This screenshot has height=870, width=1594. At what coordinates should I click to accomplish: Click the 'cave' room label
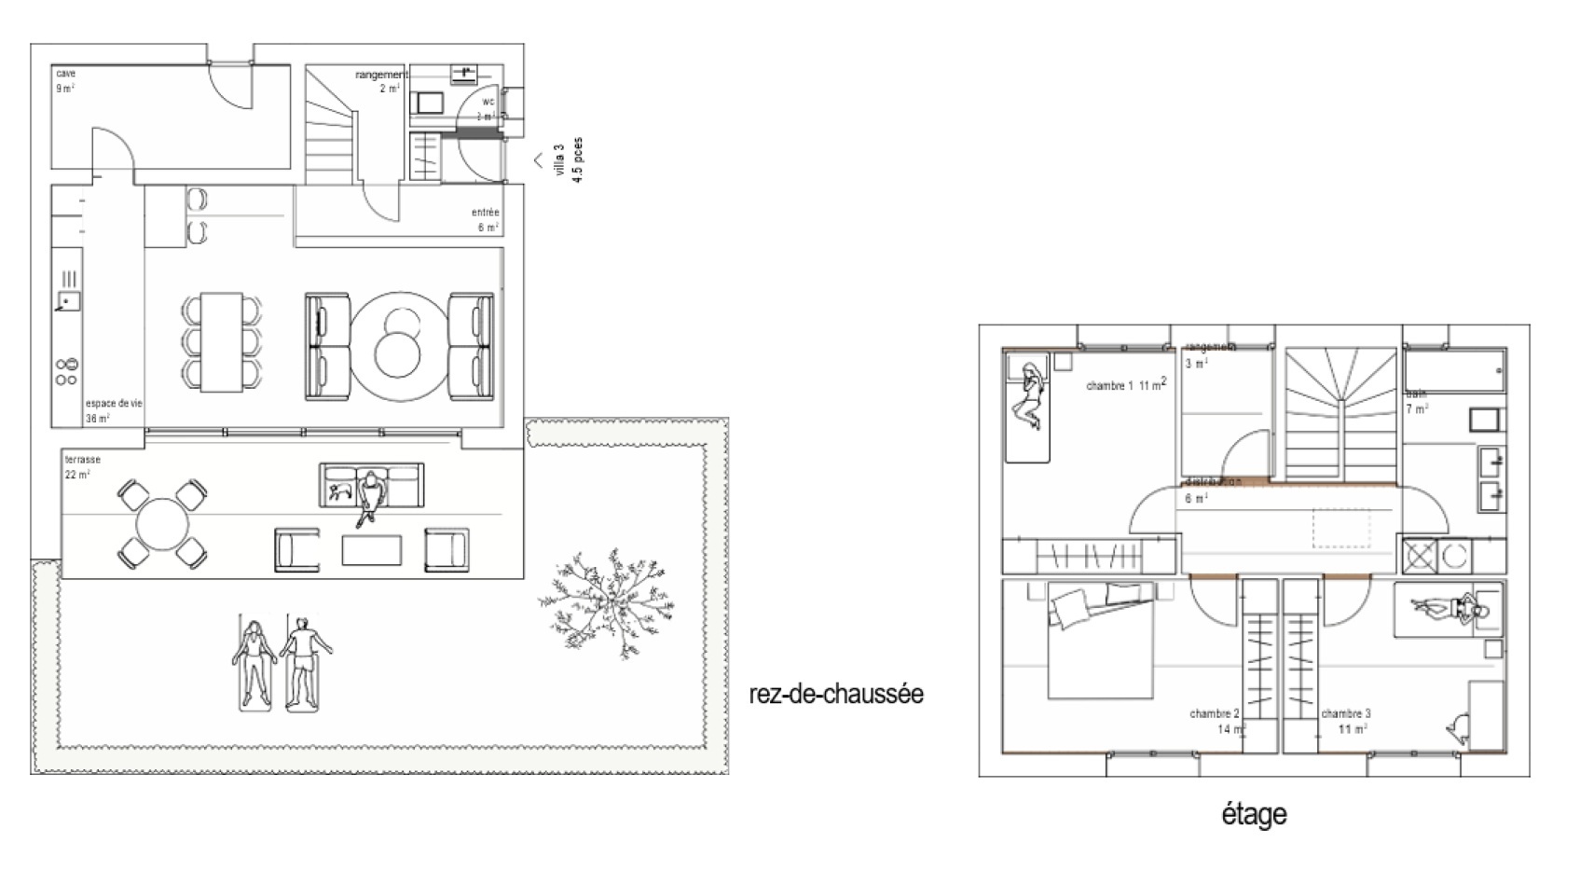pos(65,74)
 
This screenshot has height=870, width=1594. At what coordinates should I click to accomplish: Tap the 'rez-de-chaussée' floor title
pos(836,695)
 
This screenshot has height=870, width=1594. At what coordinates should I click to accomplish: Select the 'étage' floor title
pos(1254,814)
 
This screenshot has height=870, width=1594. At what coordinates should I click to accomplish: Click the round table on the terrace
pos(161,525)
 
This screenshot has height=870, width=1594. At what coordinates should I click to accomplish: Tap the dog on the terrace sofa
pos(338,489)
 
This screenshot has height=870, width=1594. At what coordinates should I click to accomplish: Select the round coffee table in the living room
pos(400,346)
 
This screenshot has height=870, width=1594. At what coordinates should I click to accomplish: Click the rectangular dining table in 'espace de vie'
pos(222,342)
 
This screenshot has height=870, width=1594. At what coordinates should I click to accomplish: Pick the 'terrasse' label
pos(82,460)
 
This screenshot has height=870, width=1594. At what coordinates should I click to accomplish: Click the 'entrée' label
pos(485,213)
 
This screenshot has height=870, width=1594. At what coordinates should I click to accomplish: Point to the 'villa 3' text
pos(559,159)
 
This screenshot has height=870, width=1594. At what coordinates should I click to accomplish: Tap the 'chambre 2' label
pos(1214,713)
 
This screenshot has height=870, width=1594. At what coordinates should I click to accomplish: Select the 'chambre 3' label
pos(1345,713)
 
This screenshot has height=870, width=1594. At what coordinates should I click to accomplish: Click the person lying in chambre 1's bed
pos(1031,396)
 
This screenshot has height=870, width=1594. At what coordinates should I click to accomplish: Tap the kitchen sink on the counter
pos(67,300)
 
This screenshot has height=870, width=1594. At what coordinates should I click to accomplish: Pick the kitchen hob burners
pos(66,371)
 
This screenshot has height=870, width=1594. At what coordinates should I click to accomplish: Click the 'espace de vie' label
pos(114,404)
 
